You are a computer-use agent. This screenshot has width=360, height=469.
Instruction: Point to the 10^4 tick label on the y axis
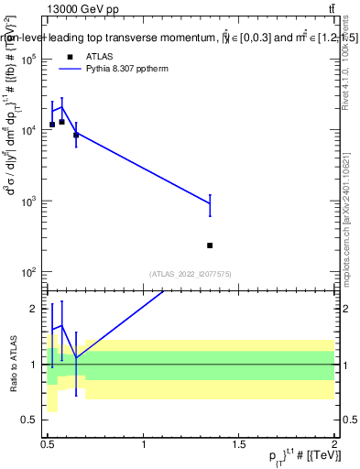pyautogui.click(x=28, y=130)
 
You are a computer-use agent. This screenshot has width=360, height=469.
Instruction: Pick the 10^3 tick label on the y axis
pyautogui.click(x=28, y=202)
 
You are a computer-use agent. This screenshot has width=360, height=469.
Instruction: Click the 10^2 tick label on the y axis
pyautogui.click(x=28, y=273)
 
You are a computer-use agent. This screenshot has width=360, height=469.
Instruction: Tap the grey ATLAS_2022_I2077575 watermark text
pyautogui.click(x=189, y=273)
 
